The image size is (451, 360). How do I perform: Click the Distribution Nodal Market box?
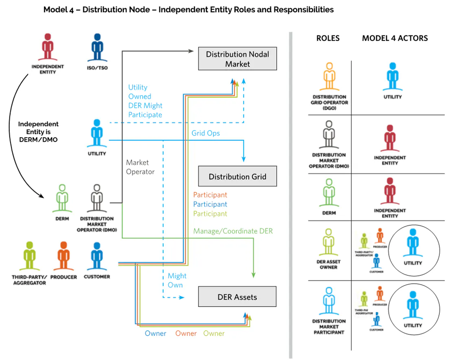tap(237, 59)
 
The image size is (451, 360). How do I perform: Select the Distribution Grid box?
tap(237, 177)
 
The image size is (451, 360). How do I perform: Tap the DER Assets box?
tap(237, 297)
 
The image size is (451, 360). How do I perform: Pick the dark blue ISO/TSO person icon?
tap(98, 47)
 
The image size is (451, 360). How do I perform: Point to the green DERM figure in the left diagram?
tap(62, 198)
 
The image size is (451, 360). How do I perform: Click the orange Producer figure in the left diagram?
tap(63, 256)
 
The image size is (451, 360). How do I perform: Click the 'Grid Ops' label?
tap(205, 133)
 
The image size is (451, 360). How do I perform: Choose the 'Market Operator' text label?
tap(140, 167)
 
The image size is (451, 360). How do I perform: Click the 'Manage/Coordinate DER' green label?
tap(233, 231)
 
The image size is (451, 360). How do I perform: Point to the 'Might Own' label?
tap(177, 280)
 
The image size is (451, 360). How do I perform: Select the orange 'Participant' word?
tap(210, 195)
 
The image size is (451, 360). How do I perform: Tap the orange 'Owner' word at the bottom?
tap(186, 334)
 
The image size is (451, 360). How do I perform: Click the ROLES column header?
tap(328, 39)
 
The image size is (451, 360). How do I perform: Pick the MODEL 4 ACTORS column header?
tap(395, 39)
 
